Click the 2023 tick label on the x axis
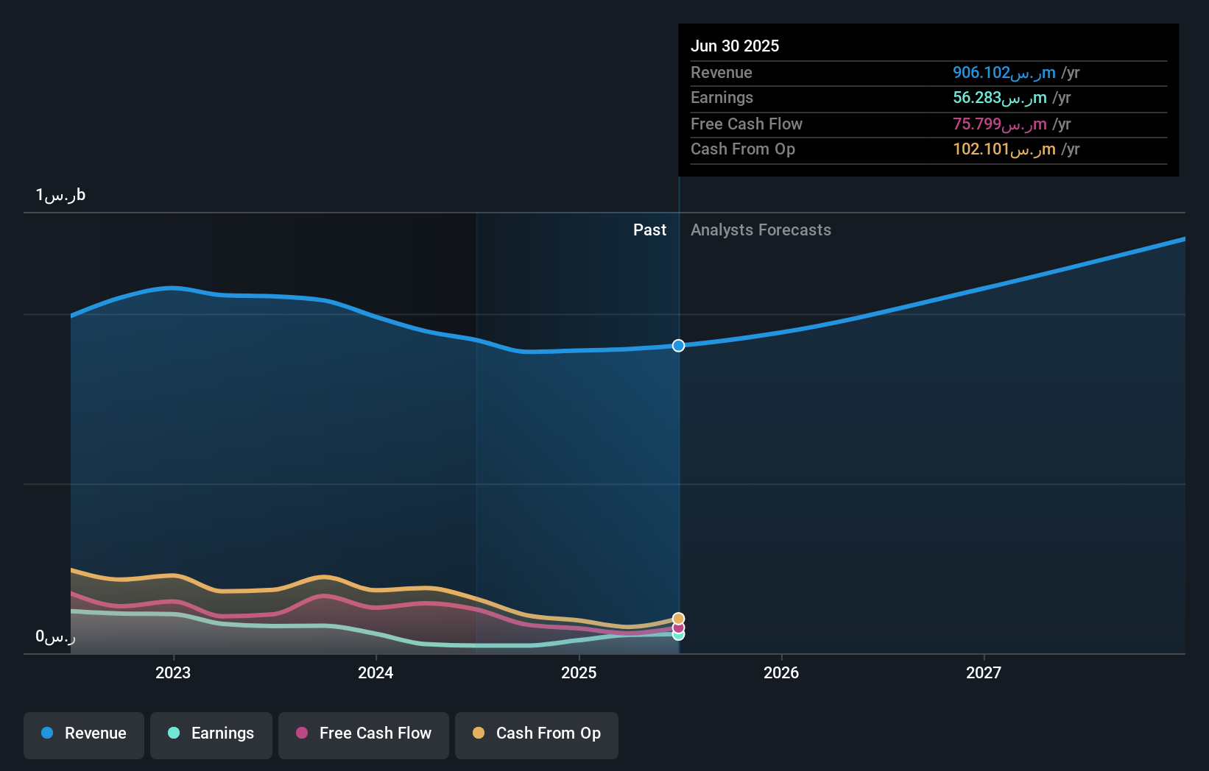point(173,672)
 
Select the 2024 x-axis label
point(376,672)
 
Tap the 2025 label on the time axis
point(579,672)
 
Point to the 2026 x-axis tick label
point(781,672)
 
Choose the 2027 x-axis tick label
point(984,672)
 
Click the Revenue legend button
point(84,733)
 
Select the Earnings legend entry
point(211,733)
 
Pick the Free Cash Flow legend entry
point(364,733)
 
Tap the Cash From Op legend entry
point(537,733)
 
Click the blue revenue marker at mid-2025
point(678,346)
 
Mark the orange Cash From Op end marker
point(678,619)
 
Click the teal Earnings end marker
point(678,635)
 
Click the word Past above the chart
point(649,230)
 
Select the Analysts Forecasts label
point(761,230)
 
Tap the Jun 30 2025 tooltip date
point(735,46)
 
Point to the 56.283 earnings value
point(999,98)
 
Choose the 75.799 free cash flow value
point(999,124)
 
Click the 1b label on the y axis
point(60,195)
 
